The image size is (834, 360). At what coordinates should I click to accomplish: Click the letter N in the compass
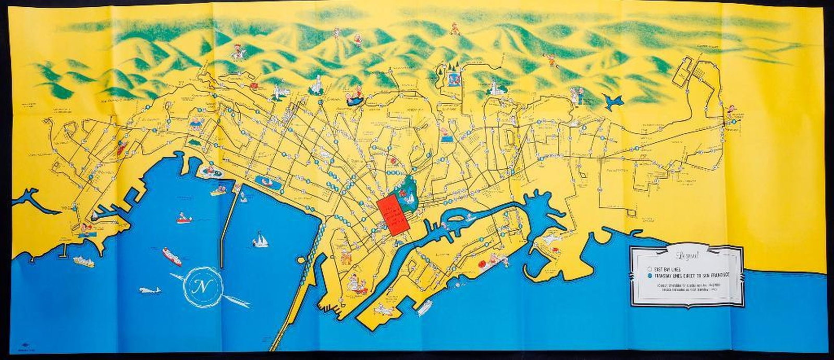pos(199,287)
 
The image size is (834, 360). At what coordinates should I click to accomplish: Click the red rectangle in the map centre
pos(391,215)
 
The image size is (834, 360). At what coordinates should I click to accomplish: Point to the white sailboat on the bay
pos(260,240)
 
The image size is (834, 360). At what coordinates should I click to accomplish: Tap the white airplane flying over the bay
pos(150,290)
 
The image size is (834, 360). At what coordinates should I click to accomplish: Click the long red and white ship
pos(171,256)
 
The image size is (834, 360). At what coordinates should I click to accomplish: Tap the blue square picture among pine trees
pos(452,80)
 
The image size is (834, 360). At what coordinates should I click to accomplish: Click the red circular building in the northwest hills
pos(254,85)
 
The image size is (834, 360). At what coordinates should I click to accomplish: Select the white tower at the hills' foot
pos(316,84)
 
